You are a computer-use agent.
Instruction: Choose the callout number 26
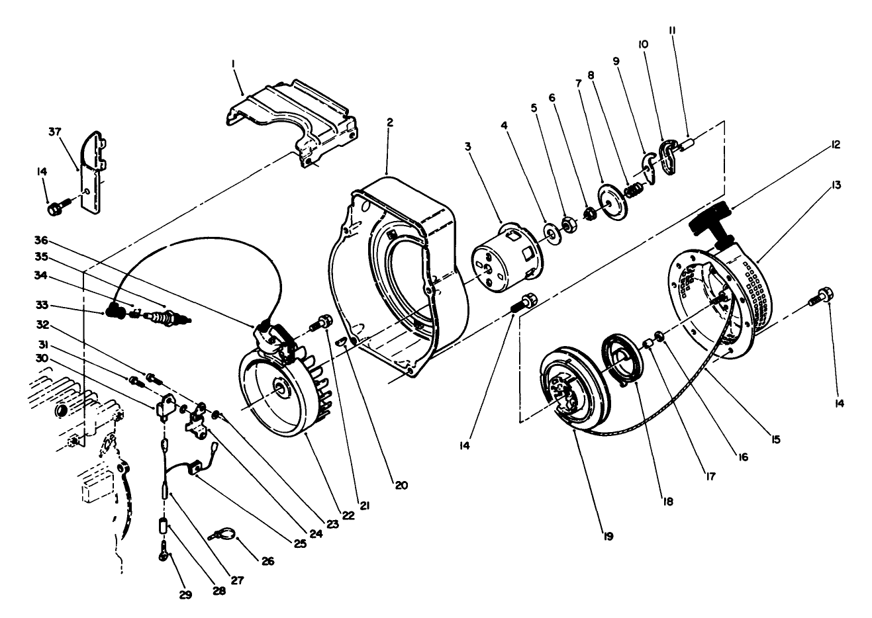tap(267, 562)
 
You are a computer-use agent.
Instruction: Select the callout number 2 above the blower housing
tap(390, 122)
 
